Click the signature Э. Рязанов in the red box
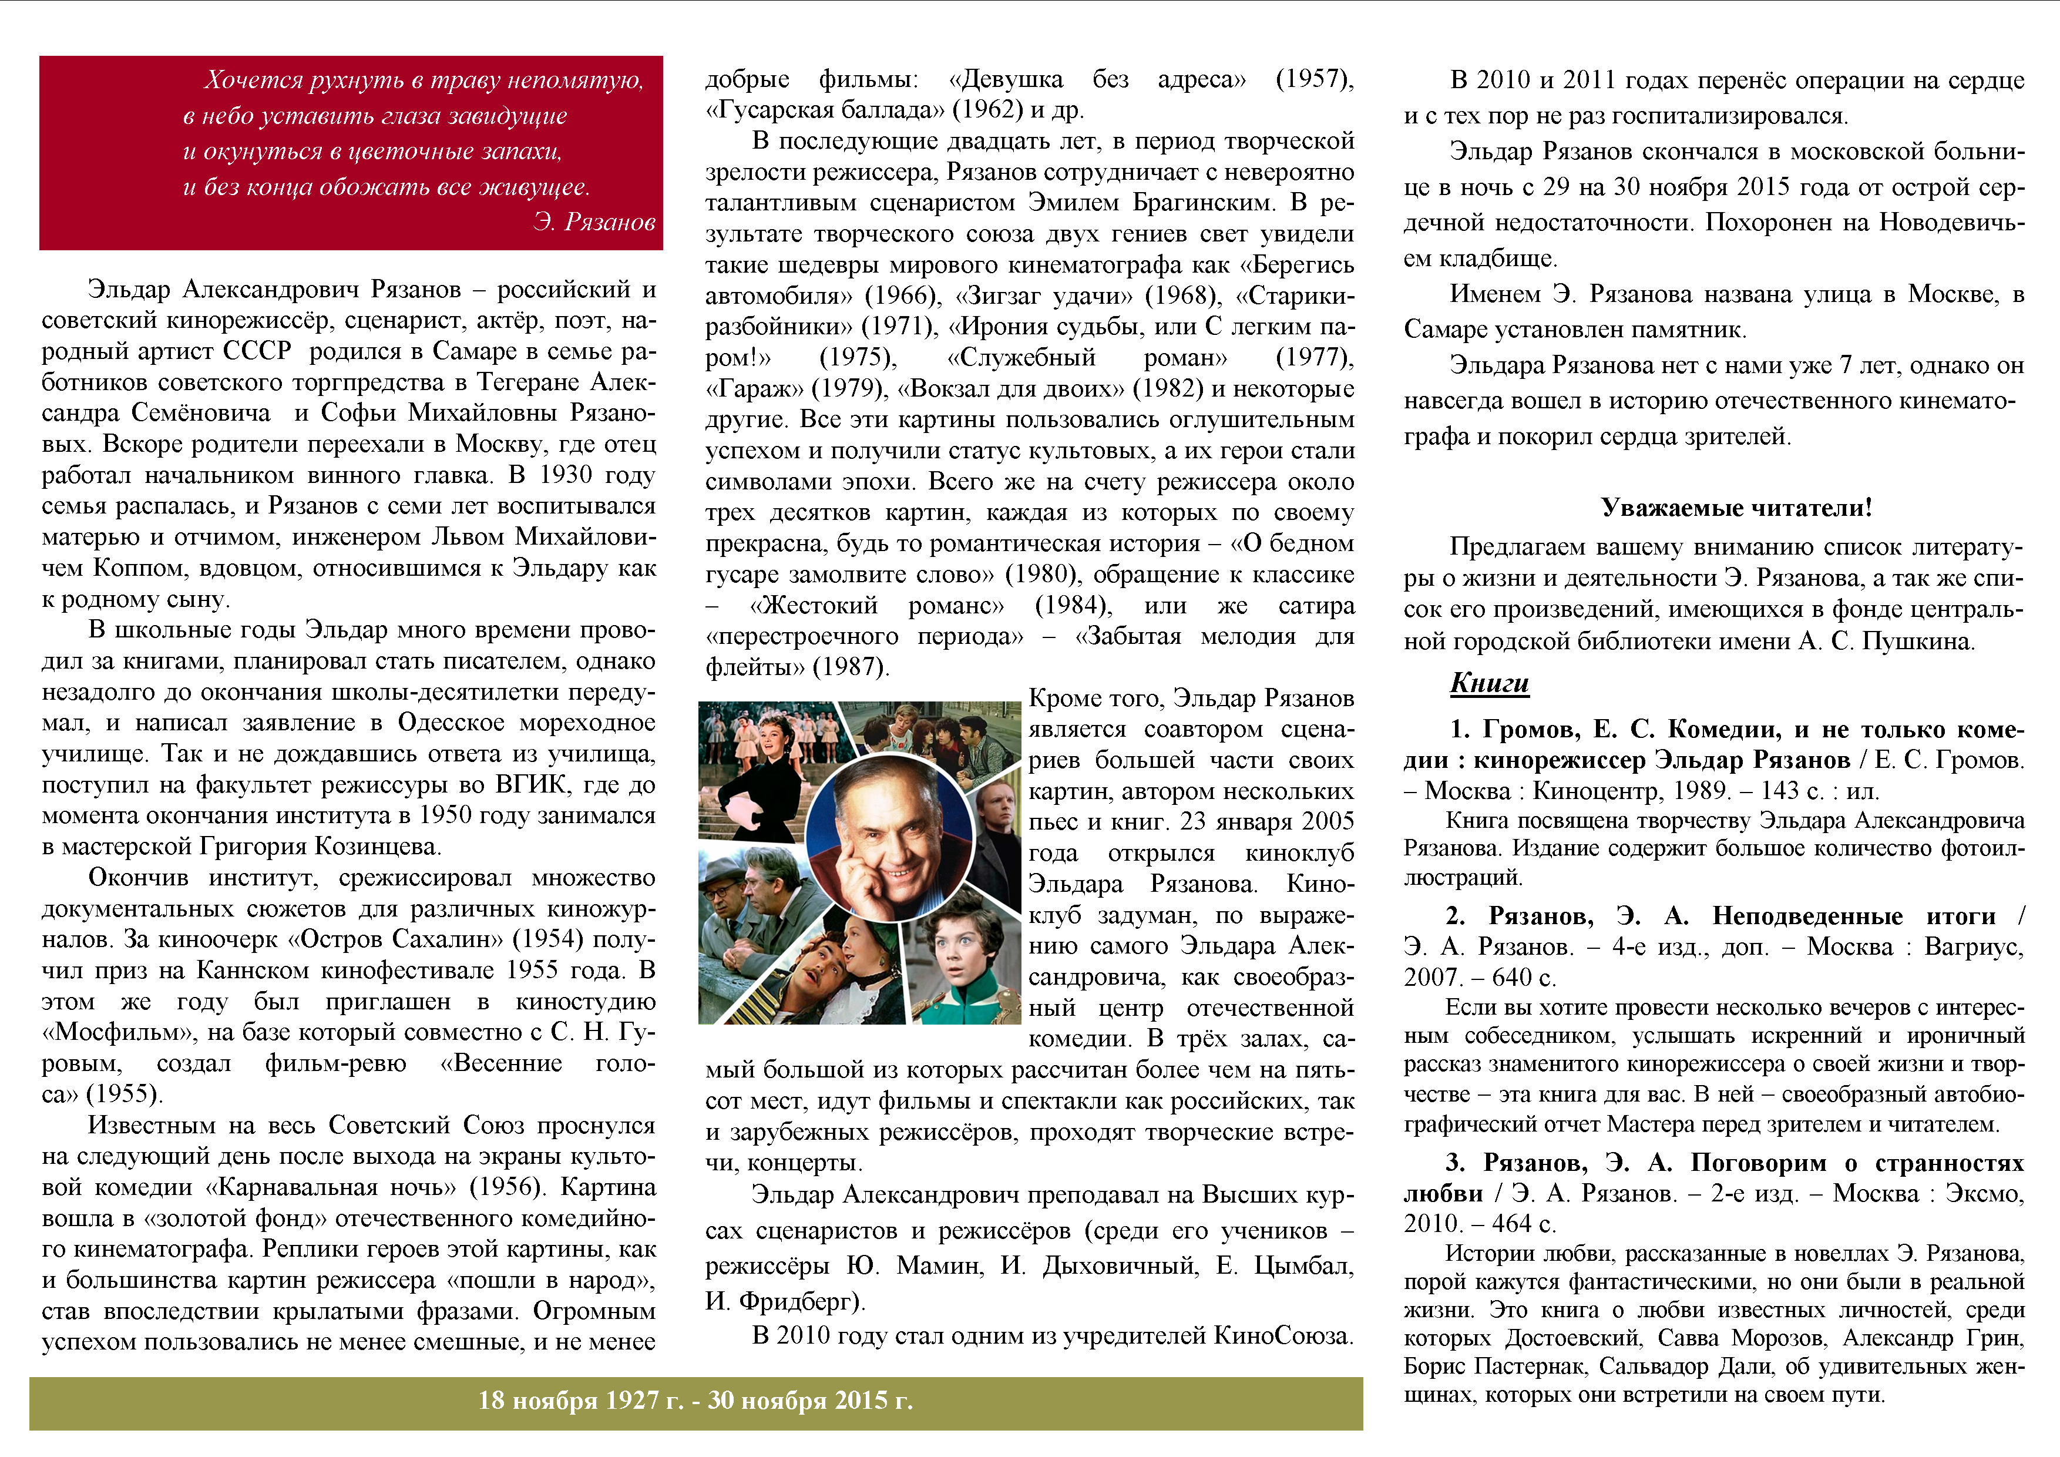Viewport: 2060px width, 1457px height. pos(594,221)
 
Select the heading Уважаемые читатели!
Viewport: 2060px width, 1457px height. pos(1736,508)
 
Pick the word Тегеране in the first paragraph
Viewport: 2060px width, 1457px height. pos(529,382)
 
